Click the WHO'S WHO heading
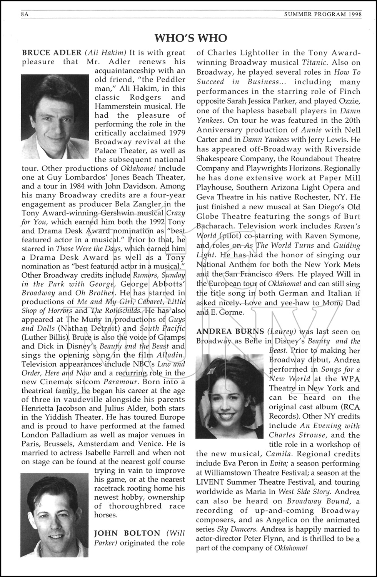(190, 38)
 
